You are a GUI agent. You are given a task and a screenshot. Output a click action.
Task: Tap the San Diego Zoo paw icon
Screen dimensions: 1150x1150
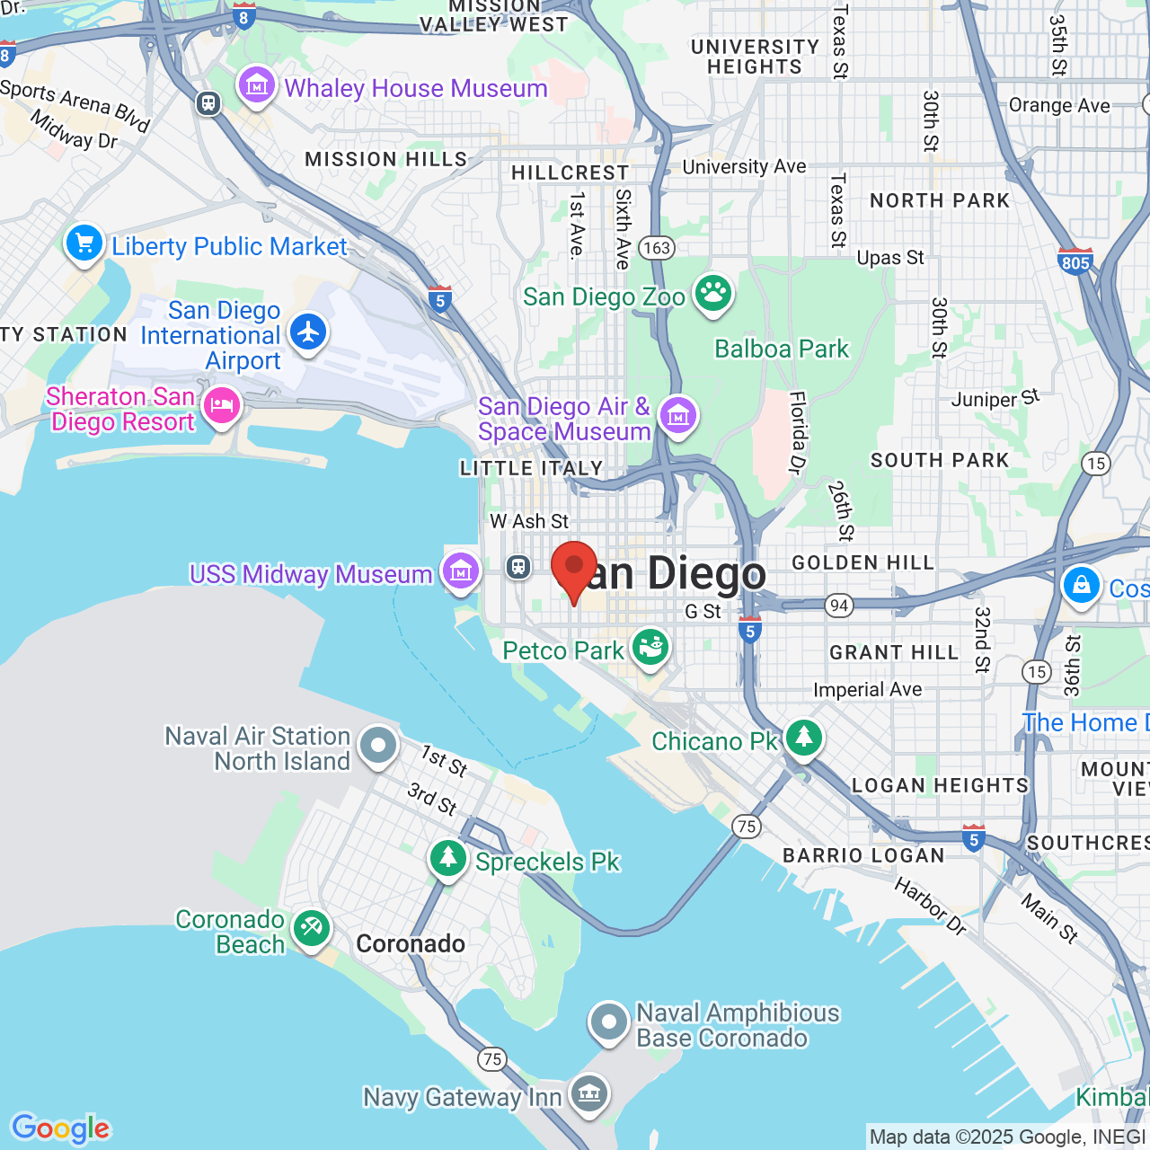(x=713, y=294)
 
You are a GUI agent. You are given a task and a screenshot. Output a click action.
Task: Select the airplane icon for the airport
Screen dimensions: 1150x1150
(x=308, y=332)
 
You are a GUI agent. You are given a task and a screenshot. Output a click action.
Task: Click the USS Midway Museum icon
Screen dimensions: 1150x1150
(x=461, y=571)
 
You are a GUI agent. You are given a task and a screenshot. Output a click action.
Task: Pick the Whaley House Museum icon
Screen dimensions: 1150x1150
(x=257, y=86)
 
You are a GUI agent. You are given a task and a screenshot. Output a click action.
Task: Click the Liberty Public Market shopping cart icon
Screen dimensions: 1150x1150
(x=84, y=243)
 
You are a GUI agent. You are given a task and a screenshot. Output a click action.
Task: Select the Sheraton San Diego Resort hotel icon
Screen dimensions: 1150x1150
(x=221, y=406)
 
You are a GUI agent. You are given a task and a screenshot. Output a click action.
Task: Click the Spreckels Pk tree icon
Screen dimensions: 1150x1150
(x=447, y=859)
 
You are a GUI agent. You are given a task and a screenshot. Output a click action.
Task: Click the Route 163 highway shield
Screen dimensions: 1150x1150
(x=657, y=248)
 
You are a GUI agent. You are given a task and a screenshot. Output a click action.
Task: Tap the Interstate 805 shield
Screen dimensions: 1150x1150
(x=1075, y=261)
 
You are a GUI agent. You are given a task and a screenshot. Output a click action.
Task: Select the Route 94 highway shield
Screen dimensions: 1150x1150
(x=839, y=606)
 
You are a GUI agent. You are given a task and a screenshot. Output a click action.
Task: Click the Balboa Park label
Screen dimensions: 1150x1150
(x=781, y=349)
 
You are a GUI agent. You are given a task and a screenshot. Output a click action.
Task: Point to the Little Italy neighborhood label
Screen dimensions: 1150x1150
(x=531, y=468)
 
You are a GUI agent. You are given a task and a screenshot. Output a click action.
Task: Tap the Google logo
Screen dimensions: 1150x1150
(x=61, y=1128)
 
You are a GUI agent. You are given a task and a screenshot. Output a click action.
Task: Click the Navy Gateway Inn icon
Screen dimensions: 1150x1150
(x=589, y=1093)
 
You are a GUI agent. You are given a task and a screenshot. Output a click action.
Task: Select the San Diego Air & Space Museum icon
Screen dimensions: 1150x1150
(x=678, y=416)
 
